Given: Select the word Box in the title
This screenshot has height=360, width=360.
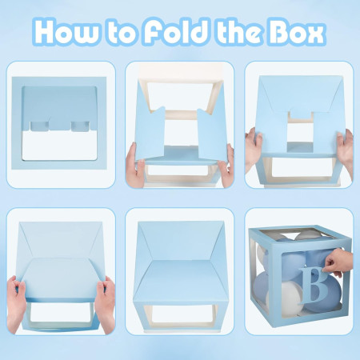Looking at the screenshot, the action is [296, 32].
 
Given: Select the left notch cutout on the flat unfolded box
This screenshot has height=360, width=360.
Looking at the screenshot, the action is [39, 126].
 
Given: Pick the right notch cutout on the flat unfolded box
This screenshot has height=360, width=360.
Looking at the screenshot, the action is [80, 126].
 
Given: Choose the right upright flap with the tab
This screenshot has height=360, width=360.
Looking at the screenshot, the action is [212, 130].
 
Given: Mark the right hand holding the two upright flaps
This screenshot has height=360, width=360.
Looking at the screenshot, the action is [226, 168].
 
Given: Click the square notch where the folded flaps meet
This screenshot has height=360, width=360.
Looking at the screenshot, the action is [302, 116].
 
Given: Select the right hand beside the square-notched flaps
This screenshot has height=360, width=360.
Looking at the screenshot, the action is [346, 150].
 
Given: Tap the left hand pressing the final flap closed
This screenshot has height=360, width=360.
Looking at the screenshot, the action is [17, 304].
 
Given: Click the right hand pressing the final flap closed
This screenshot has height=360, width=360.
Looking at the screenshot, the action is [106, 304].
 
